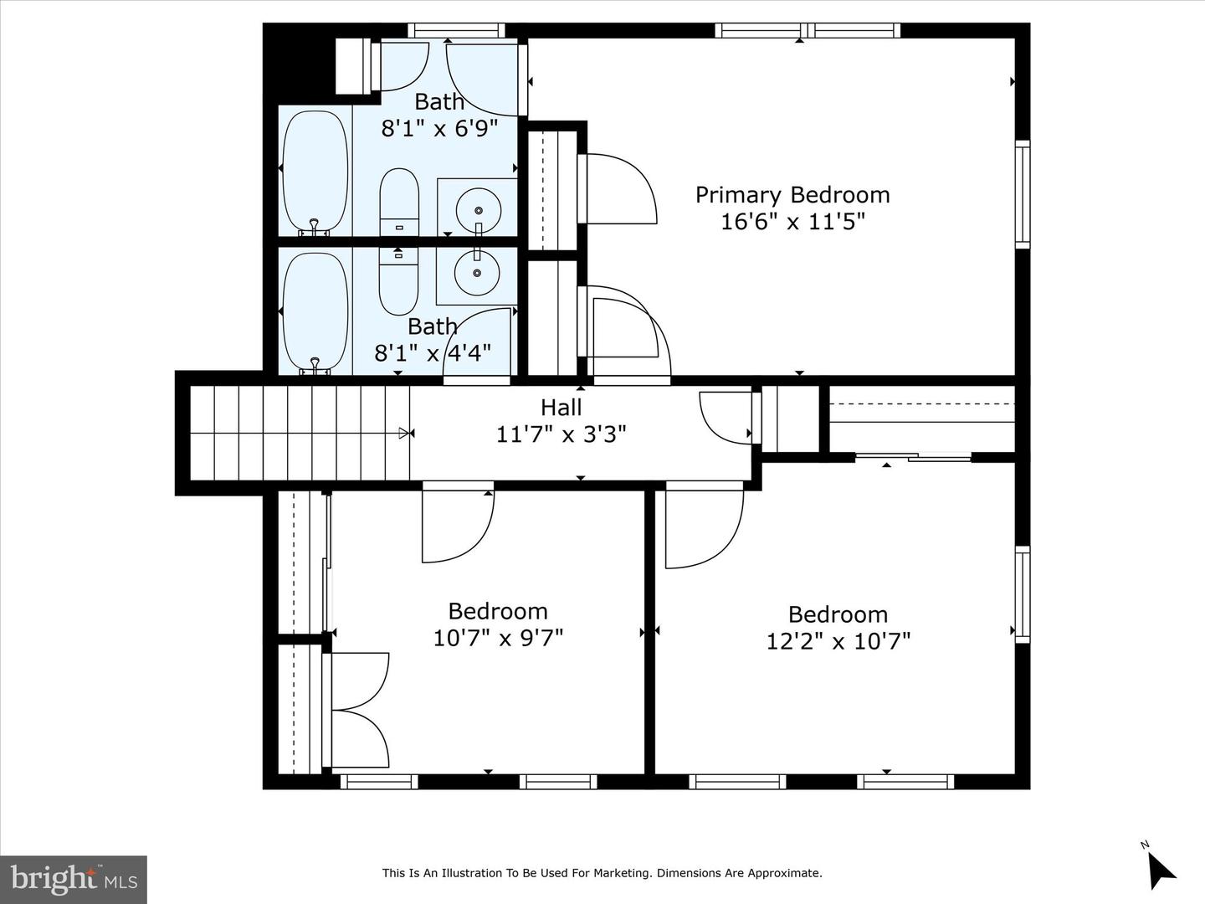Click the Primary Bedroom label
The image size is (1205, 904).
[x=792, y=195]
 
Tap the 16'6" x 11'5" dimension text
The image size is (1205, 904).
[x=792, y=222]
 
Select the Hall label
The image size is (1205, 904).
[x=561, y=408]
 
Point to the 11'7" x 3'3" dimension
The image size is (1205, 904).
[x=561, y=434]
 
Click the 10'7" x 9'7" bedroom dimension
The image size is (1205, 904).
[x=498, y=638]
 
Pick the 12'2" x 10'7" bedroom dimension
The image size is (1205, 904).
[x=838, y=641]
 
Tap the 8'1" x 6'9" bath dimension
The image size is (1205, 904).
[x=439, y=128]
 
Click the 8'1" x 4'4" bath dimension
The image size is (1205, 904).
[x=432, y=352]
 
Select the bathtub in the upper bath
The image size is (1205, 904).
[x=315, y=171]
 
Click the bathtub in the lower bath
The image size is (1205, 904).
[x=315, y=311]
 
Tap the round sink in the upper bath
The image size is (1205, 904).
[x=479, y=208]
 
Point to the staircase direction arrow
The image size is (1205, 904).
[x=407, y=433]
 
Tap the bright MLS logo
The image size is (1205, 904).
[x=74, y=879]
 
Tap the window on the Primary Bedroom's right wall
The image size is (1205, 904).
[x=1022, y=195]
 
